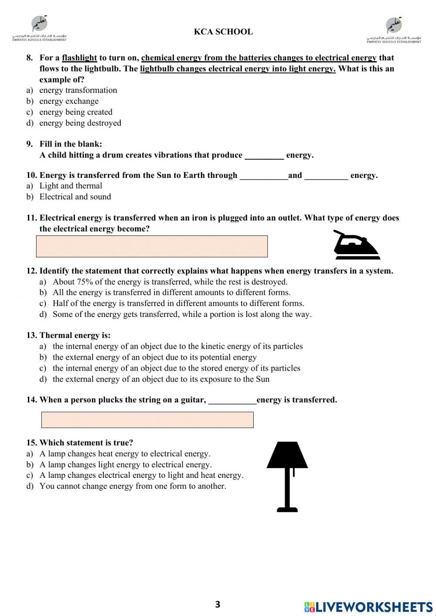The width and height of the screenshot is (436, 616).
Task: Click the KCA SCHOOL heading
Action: pyautogui.click(x=223, y=32)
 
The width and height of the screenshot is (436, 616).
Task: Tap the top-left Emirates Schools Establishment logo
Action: pyautogui.click(x=39, y=29)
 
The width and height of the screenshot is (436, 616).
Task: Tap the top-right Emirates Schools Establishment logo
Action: pyautogui.click(x=394, y=30)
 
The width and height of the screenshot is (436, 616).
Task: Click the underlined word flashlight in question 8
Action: pyautogui.click(x=79, y=58)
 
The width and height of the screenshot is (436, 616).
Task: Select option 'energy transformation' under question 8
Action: pyautogui.click(x=78, y=90)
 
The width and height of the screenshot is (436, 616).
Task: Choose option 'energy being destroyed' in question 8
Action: pyautogui.click(x=80, y=123)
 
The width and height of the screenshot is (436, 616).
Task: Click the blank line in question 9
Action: pyautogui.click(x=264, y=156)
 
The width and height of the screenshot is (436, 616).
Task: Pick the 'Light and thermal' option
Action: pyautogui.click(x=71, y=186)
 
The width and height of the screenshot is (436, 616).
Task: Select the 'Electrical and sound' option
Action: pyautogui.click(x=75, y=197)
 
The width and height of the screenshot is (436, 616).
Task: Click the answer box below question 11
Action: pyautogui.click(x=152, y=246)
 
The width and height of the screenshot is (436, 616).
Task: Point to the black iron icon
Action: pyautogui.click(x=355, y=246)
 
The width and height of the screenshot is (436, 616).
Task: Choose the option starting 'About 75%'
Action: pyautogui.click(x=170, y=282)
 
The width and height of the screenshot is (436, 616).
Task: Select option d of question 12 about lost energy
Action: pyautogui.click(x=182, y=314)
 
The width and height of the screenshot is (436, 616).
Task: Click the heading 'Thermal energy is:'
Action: pyautogui.click(x=75, y=335)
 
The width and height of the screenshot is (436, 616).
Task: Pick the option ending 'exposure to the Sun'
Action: pyautogui.click(x=161, y=379)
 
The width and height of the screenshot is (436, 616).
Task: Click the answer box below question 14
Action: pyautogui.click(x=147, y=420)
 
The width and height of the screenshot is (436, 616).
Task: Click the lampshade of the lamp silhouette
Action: pyautogui.click(x=287, y=455)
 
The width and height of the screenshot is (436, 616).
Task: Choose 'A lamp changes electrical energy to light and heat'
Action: pyautogui.click(x=141, y=475)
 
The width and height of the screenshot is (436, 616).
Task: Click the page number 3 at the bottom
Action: pyautogui.click(x=218, y=604)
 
